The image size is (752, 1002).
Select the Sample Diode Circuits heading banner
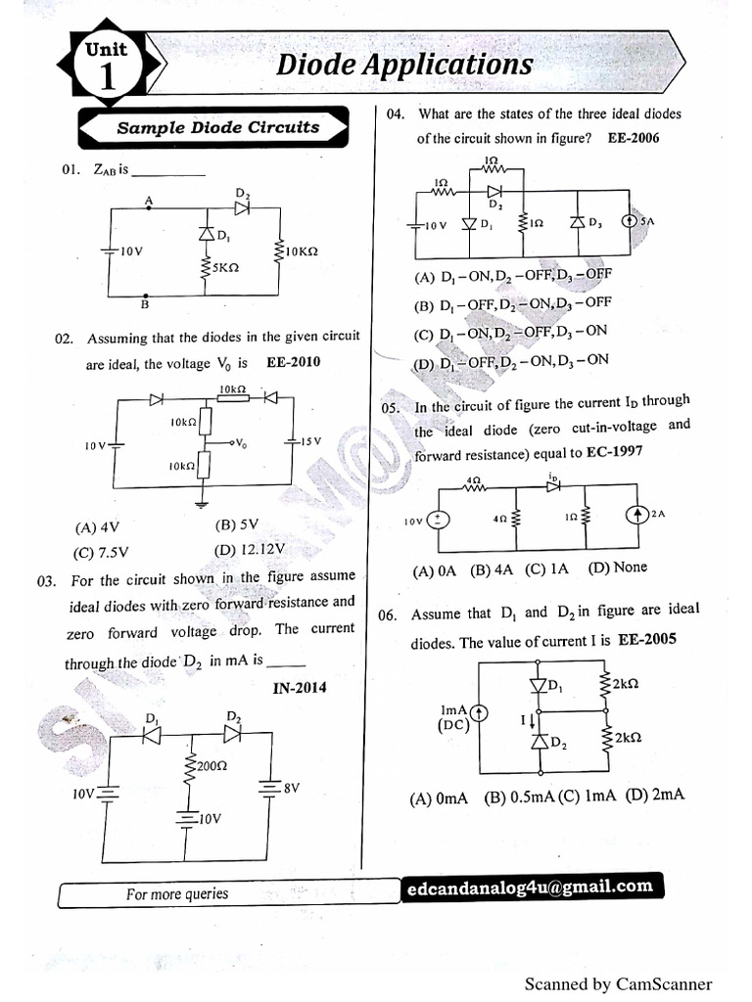[217, 127]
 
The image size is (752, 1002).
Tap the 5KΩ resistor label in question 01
[224, 266]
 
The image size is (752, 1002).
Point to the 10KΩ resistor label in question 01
[303, 251]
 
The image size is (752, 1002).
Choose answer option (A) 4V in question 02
[96, 526]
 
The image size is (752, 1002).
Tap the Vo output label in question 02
[240, 443]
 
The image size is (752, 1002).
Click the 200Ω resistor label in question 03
[211, 766]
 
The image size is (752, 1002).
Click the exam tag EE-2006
[634, 138]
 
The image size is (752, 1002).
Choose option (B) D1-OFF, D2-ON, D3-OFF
[513, 303]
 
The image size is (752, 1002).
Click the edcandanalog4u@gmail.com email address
[530, 887]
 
